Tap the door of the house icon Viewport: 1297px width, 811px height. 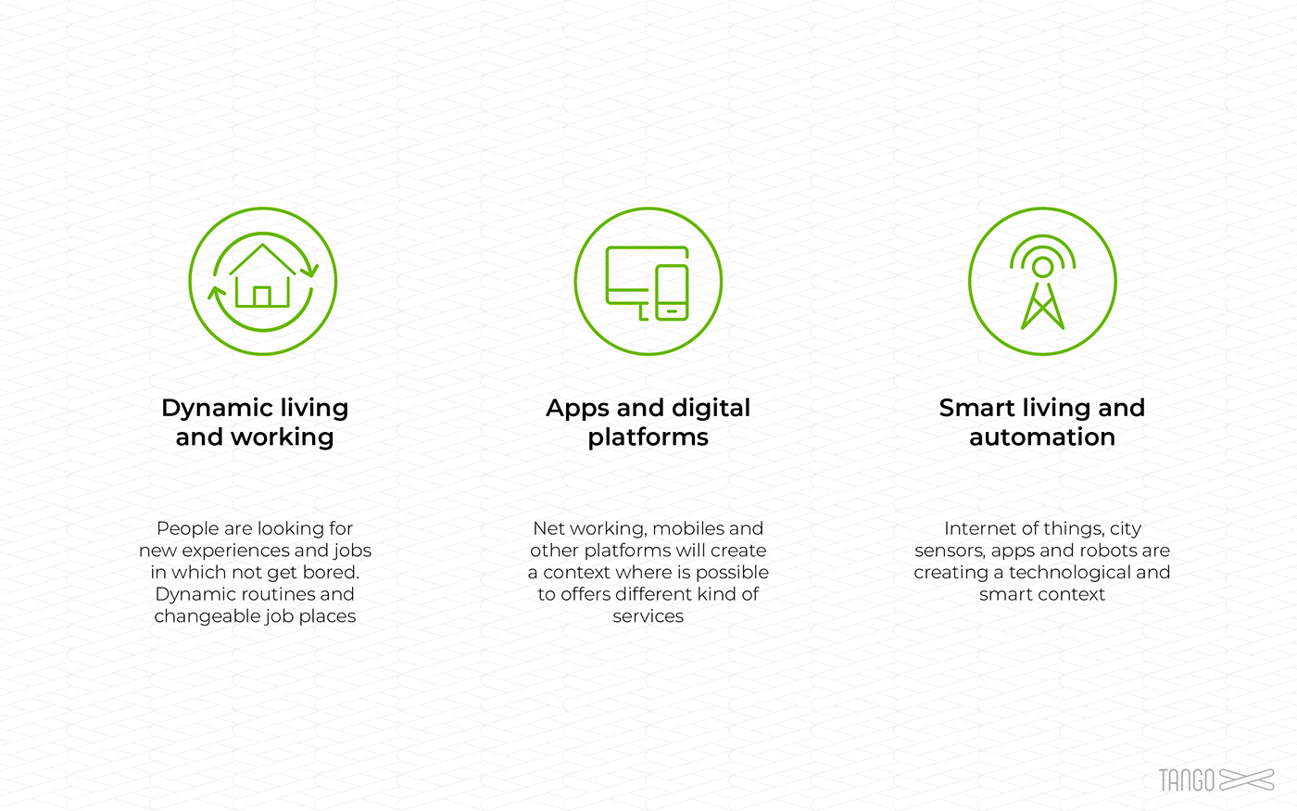pyautogui.click(x=262, y=297)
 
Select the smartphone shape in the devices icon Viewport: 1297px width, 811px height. pyautogui.click(x=672, y=293)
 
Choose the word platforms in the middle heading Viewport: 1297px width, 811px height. pyautogui.click(x=648, y=437)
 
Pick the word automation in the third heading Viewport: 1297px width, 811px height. pyautogui.click(x=1042, y=437)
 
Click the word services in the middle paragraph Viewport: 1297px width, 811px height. pyautogui.click(x=648, y=616)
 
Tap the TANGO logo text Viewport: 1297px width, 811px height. pyautogui.click(x=1187, y=780)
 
